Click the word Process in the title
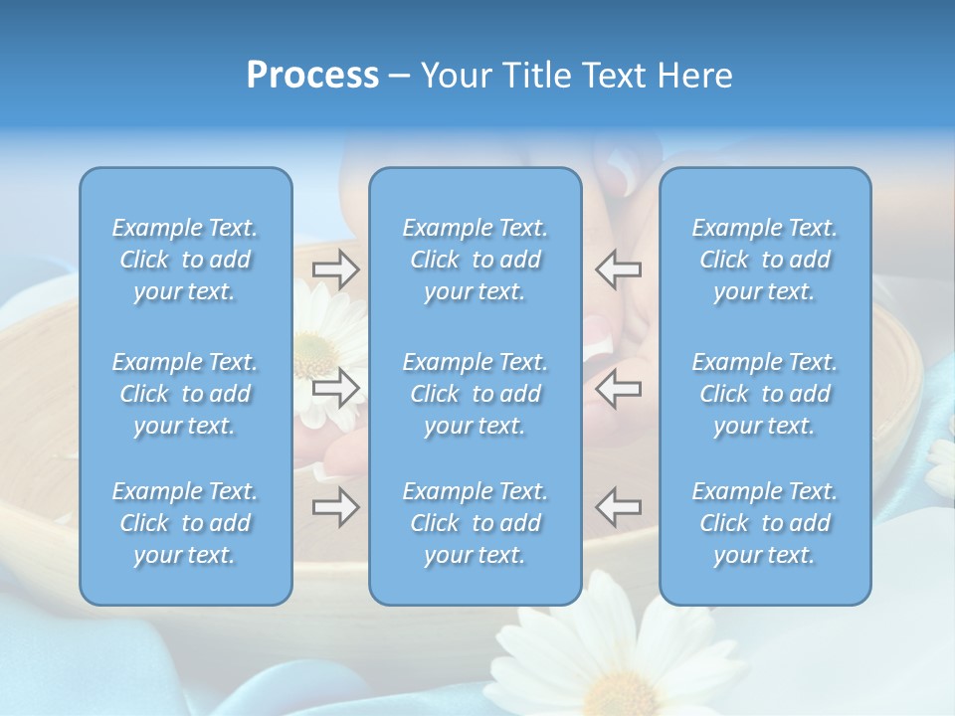(x=312, y=76)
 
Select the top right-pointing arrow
(x=335, y=269)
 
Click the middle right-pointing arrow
(x=335, y=388)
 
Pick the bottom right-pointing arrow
(x=335, y=507)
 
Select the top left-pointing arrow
(x=618, y=269)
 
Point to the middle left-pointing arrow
(x=618, y=388)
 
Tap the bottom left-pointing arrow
(x=618, y=507)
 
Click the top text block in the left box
(x=185, y=260)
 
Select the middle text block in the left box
(x=185, y=394)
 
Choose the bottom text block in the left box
(x=185, y=523)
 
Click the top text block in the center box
(x=475, y=260)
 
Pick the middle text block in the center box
(x=475, y=394)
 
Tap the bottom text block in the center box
(x=475, y=523)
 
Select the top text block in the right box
(x=765, y=260)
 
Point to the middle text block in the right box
(x=765, y=394)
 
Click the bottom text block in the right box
(x=765, y=523)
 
